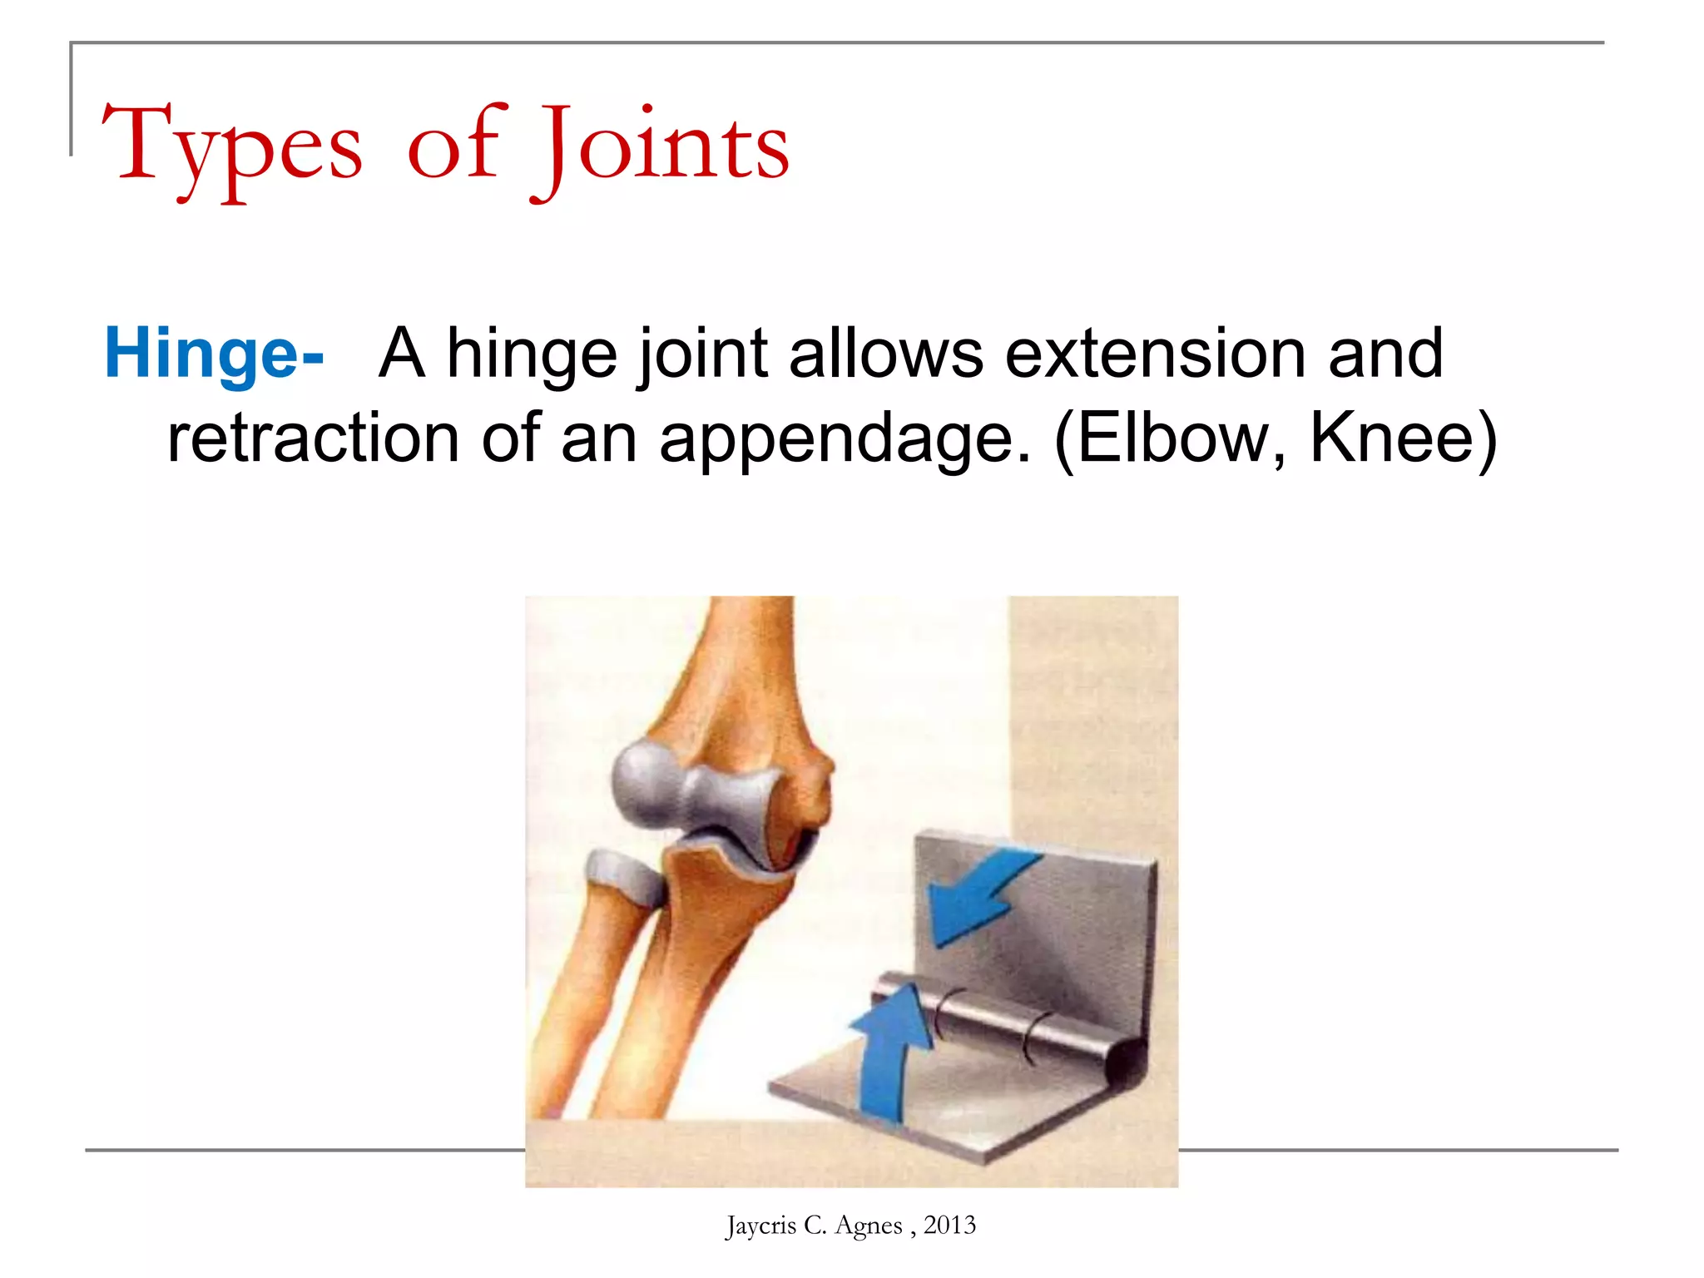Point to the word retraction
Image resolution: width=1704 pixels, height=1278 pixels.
313,438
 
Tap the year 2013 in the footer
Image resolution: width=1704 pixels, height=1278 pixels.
949,1226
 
